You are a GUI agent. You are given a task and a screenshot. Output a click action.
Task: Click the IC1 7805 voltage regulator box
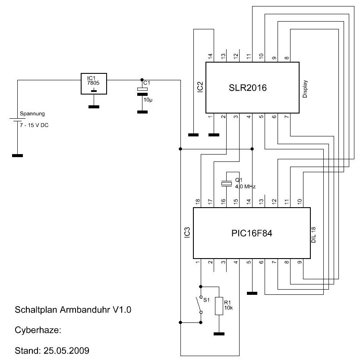pyautogui.click(x=94, y=83)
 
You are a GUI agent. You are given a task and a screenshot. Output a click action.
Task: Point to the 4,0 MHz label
pyautogui.click(x=245, y=187)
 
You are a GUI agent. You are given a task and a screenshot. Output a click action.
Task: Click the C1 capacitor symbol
pyautogui.click(x=142, y=90)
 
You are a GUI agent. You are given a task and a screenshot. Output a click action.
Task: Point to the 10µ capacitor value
pyautogui.click(x=147, y=100)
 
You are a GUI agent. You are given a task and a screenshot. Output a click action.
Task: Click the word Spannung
pyautogui.click(x=32, y=114)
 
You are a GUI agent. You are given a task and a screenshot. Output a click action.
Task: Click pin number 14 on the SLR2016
pyautogui.click(x=211, y=56)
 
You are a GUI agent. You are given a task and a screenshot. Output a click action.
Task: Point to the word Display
pyautogui.click(x=305, y=88)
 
